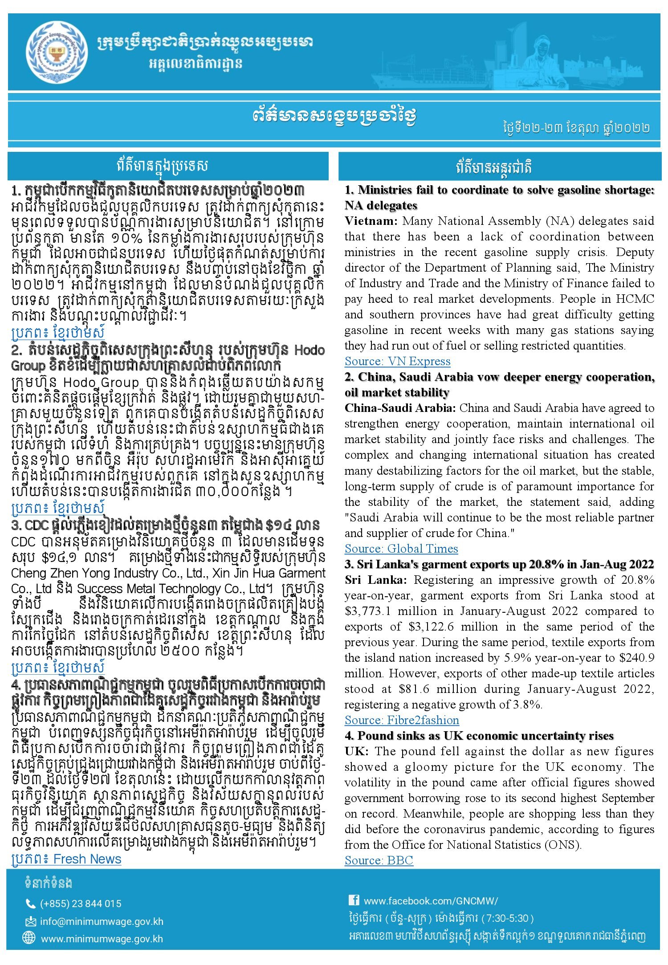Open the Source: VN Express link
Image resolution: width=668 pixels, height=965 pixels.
click(397, 361)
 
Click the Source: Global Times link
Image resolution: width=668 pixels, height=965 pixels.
click(401, 549)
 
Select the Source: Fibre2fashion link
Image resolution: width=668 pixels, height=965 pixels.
click(401, 720)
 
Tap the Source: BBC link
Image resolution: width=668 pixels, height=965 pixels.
click(379, 860)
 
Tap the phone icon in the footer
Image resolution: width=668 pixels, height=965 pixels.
click(31, 904)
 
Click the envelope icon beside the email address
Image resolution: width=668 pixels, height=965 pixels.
click(30, 921)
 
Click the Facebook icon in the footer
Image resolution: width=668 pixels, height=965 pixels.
click(354, 900)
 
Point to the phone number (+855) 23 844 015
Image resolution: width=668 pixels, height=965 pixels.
click(81, 904)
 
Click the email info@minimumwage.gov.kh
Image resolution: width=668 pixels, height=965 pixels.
click(102, 921)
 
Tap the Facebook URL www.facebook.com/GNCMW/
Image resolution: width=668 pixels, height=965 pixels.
click(431, 901)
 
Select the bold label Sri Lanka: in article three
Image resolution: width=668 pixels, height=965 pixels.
click(375, 580)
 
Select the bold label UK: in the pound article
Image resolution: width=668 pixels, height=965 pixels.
click(356, 751)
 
